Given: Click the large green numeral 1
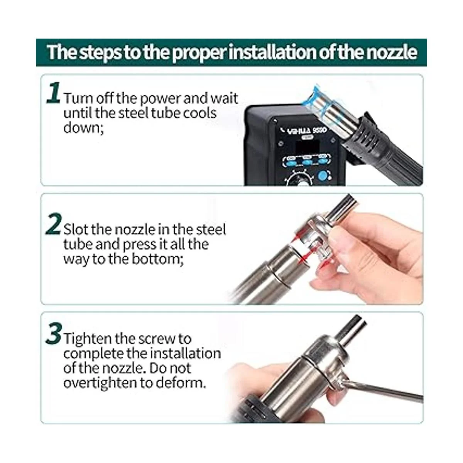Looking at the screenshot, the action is tap(53, 93).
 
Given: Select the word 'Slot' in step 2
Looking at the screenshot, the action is tap(76, 229).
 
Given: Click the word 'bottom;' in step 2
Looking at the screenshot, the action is tap(158, 259).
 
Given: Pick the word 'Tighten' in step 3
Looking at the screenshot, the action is tap(88, 338).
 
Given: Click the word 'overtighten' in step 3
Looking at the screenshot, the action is tap(99, 383).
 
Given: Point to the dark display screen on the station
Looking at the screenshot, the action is tap(307, 148).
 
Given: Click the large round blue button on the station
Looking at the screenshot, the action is tap(324, 176).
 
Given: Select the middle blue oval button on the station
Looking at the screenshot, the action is tap(307, 162).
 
